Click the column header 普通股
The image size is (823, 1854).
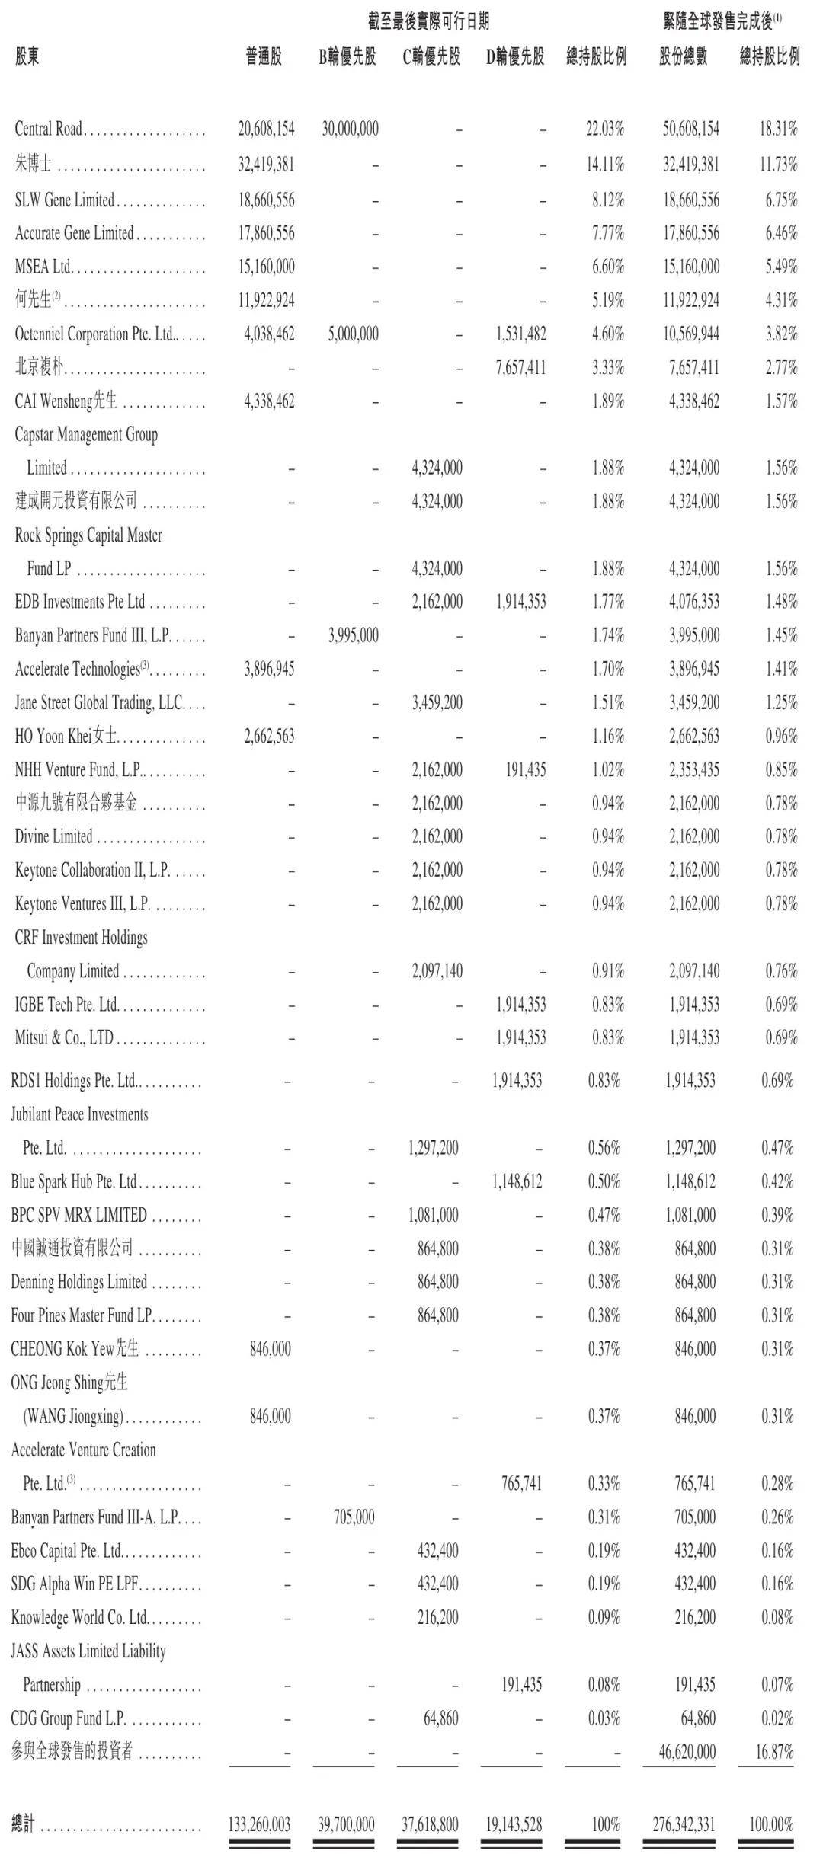coord(264,56)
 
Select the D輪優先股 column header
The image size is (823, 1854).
coord(515,56)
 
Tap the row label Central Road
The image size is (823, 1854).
coord(48,129)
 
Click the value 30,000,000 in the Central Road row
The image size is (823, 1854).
coord(350,129)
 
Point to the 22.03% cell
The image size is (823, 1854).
coord(605,129)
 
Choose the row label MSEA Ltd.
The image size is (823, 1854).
coord(43,267)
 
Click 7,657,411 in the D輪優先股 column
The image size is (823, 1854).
coord(520,368)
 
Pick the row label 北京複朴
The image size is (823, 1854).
coord(39,368)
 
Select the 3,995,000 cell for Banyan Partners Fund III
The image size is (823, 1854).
coord(353,635)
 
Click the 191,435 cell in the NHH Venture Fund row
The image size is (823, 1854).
coord(525,769)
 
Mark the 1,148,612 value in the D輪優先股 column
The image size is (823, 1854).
coord(517,1181)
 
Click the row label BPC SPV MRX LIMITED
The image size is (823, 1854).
coord(78,1215)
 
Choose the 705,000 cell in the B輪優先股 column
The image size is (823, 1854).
coord(354,1517)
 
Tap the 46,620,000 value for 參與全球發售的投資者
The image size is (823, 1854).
coord(687,1751)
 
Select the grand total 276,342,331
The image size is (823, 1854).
coord(684,1824)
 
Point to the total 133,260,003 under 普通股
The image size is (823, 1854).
coord(259,1824)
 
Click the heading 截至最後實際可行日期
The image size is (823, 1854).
coord(428,21)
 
